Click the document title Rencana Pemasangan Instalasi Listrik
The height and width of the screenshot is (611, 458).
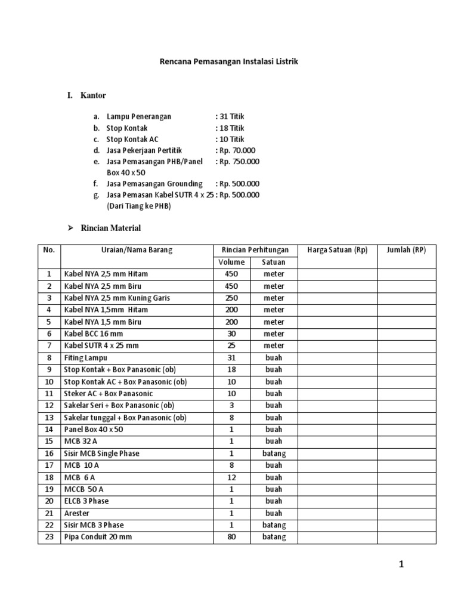click(x=228, y=61)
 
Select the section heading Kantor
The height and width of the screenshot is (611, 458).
click(x=93, y=95)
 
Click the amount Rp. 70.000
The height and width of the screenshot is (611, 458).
click(x=238, y=150)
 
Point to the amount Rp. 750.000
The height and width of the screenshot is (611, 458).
click(x=240, y=161)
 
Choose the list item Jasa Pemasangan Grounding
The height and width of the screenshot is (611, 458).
click(x=154, y=184)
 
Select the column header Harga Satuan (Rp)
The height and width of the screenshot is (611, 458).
click(x=337, y=250)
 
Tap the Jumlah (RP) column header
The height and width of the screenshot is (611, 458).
click(x=406, y=250)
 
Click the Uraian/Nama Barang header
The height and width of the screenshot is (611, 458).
click(x=137, y=250)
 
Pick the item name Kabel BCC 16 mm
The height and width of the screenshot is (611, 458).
click(x=94, y=334)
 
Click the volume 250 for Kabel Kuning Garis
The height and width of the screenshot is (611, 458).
click(x=231, y=298)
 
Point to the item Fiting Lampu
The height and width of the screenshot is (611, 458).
click(x=86, y=357)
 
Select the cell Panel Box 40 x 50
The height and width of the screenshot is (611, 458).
click(x=94, y=429)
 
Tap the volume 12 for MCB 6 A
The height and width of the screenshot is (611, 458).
click(x=231, y=477)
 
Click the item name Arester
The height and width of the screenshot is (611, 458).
click(x=77, y=513)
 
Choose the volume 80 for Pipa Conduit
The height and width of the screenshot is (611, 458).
click(x=231, y=536)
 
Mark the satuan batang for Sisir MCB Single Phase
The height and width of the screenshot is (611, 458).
click(x=274, y=453)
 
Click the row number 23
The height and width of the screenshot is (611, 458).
click(x=49, y=536)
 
